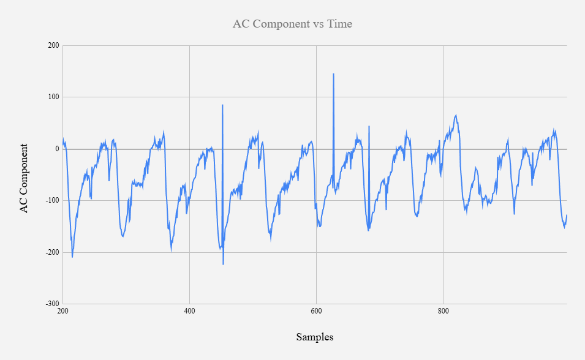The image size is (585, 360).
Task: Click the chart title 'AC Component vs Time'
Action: tap(292, 24)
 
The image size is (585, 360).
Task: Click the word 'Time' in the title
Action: tap(340, 24)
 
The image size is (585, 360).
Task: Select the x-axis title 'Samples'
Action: tap(315, 337)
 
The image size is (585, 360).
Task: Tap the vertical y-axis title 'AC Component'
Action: tap(25, 178)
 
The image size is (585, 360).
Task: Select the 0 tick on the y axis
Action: tap(56, 149)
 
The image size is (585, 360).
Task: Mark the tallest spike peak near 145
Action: tap(333, 74)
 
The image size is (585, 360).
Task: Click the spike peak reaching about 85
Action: tap(222, 105)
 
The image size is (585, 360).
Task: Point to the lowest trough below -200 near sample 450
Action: tap(223, 264)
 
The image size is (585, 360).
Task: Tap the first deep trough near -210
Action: tap(72, 257)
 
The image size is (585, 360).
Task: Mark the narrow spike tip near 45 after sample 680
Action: tap(369, 126)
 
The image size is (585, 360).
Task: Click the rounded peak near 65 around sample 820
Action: tap(456, 115)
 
